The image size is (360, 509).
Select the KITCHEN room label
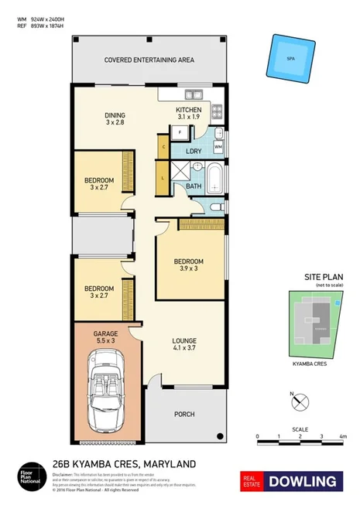point(188,111)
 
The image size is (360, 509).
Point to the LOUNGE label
point(184,340)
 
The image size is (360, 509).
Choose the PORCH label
point(184,414)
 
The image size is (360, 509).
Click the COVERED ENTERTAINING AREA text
point(148,60)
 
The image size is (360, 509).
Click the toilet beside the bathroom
point(216,207)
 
